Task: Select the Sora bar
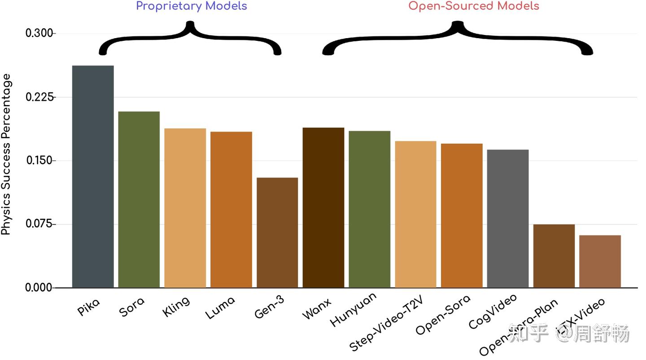point(139,199)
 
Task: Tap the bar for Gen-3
point(277,233)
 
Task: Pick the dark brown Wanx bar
point(323,207)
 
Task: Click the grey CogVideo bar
point(507,219)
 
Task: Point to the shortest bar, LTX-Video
point(600,261)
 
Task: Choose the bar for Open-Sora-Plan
point(554,256)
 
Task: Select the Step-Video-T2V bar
point(415,214)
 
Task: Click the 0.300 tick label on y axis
point(39,34)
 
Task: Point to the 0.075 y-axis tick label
point(39,224)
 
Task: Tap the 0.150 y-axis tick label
point(39,161)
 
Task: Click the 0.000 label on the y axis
point(39,288)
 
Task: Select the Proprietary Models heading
point(192,6)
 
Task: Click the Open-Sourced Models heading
point(474,6)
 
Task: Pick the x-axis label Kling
point(176,307)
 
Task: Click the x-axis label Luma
point(220,308)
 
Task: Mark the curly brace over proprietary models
point(190,38)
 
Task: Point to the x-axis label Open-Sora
point(443,315)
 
